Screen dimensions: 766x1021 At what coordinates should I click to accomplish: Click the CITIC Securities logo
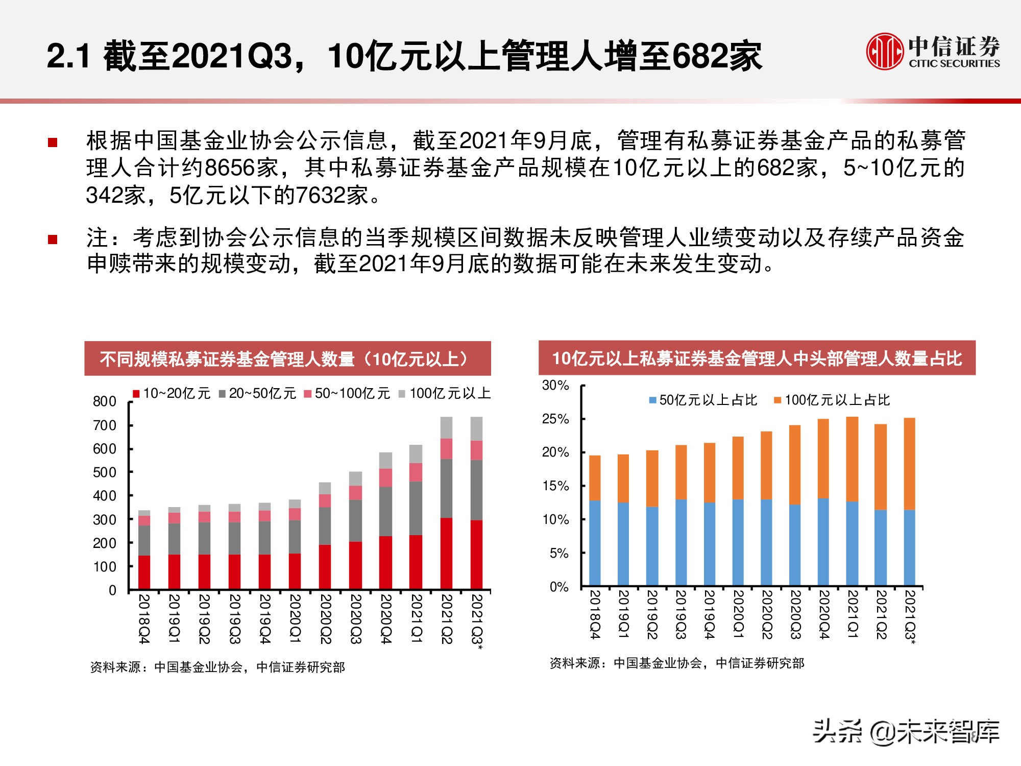[933, 51]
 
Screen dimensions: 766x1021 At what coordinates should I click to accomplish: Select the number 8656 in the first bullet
[229, 168]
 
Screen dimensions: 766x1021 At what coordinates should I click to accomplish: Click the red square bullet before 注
[53, 239]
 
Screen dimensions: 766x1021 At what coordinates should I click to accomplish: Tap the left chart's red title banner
[287, 359]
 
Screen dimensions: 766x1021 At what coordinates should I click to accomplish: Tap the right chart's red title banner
[757, 358]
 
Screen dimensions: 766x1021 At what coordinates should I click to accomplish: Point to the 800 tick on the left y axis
[105, 401]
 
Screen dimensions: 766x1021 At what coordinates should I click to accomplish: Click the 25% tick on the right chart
[555, 419]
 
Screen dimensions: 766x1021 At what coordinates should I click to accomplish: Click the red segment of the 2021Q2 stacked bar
[446, 553]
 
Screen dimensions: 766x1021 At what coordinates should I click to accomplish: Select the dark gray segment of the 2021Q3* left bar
[476, 490]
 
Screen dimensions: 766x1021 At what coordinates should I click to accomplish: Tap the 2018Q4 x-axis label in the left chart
[144, 618]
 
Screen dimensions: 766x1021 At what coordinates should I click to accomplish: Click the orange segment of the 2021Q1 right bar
[852, 459]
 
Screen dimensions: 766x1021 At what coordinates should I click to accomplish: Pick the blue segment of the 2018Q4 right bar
[595, 542]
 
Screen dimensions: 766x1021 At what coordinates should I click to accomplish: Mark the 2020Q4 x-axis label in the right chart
[824, 614]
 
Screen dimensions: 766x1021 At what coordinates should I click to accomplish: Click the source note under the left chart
[217, 667]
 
